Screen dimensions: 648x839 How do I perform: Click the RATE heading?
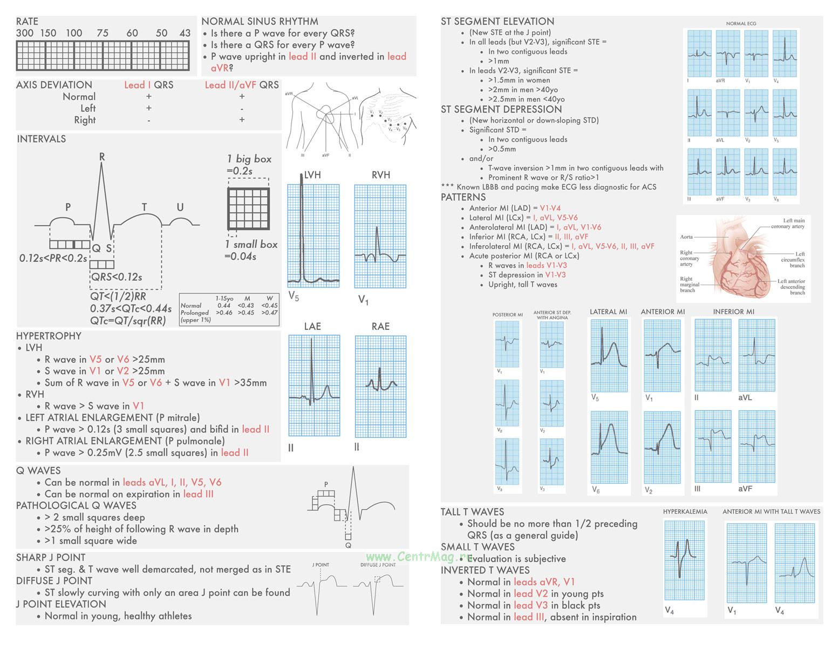pyautogui.click(x=27, y=22)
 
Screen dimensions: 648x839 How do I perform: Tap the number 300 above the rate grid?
pyautogui.click(x=25, y=33)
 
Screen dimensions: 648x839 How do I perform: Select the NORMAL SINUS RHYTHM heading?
pyautogui.click(x=260, y=22)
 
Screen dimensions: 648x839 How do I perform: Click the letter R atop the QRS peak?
pyautogui.click(x=102, y=157)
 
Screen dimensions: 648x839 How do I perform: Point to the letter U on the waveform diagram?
pyautogui.click(x=180, y=207)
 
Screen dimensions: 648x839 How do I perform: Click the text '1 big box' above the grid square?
pyautogui.click(x=249, y=159)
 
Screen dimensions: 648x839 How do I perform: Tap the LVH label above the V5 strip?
pyautogui.click(x=312, y=175)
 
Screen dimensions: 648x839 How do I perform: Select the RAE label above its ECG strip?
pyautogui.click(x=380, y=326)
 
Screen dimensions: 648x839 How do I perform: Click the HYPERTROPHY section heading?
pyautogui.click(x=49, y=336)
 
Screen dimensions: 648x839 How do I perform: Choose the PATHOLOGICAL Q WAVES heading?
pyautogui.click(x=76, y=505)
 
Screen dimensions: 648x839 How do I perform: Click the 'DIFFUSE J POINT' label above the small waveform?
pyautogui.click(x=378, y=565)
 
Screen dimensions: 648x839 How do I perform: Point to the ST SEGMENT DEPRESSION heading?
pyautogui.click(x=501, y=109)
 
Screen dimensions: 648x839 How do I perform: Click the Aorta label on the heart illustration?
pyautogui.click(x=686, y=237)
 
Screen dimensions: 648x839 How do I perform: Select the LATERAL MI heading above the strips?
pyautogui.click(x=608, y=312)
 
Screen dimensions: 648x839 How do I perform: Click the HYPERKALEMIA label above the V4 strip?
pyautogui.click(x=685, y=511)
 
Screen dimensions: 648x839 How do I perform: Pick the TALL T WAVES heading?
pyautogui.click(x=472, y=512)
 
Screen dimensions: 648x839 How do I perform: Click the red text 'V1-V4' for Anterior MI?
pyautogui.click(x=550, y=208)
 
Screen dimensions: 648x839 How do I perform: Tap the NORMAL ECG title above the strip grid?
pyautogui.click(x=741, y=24)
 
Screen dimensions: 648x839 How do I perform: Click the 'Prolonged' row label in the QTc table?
pyautogui.click(x=194, y=313)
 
